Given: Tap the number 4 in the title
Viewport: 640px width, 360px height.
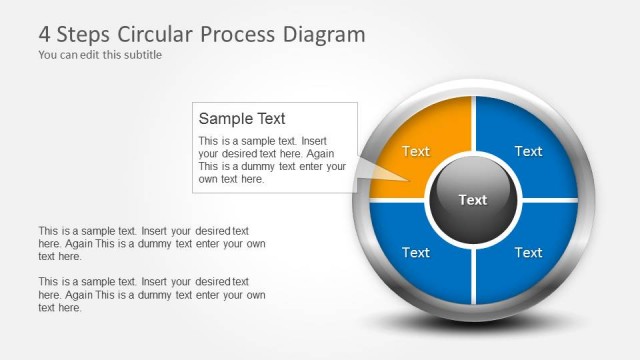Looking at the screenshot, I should [x=45, y=34].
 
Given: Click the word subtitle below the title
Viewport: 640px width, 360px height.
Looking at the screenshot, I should [x=140, y=55].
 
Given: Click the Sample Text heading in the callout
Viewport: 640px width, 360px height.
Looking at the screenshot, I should [x=242, y=119].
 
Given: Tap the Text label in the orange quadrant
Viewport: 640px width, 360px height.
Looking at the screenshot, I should [x=416, y=151].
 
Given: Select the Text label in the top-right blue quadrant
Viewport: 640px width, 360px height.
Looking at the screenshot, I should [x=528, y=151].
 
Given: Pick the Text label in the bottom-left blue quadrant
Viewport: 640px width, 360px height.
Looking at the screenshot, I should [x=416, y=252].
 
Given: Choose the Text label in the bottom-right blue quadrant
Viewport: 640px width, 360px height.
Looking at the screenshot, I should [x=528, y=252].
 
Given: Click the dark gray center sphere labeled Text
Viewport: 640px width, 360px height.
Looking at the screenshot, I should [x=473, y=200].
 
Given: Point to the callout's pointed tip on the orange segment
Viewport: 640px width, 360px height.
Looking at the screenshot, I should [x=410, y=181].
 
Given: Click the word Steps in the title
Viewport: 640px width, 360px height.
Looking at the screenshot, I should [x=84, y=34].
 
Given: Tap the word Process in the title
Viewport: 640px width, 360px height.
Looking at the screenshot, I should [x=233, y=34].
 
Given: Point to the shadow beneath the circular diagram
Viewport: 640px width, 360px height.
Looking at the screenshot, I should [x=473, y=325].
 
